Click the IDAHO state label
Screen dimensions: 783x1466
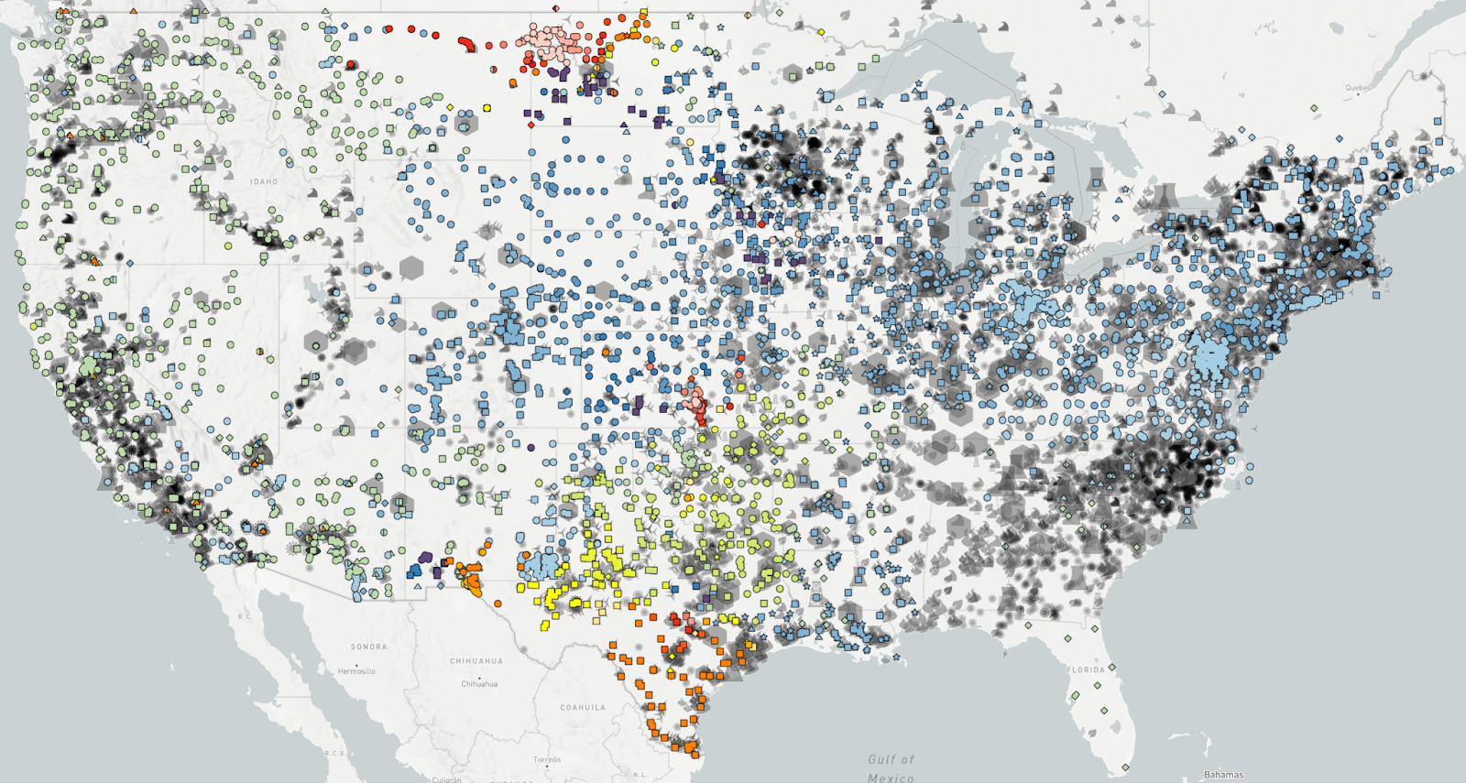(x=264, y=182)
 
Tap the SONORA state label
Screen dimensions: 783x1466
(x=368, y=647)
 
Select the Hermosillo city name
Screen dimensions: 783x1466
(x=356, y=671)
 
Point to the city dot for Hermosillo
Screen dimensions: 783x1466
(x=356, y=664)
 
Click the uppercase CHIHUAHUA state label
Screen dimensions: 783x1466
(x=476, y=660)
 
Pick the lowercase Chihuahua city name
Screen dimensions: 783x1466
(x=479, y=684)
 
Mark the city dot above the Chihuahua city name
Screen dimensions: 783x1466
(x=479, y=676)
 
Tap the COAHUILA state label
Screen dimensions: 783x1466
(x=583, y=707)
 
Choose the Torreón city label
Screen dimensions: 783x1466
(x=547, y=759)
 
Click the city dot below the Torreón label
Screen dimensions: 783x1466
(x=547, y=767)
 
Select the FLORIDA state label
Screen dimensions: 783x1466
(x=1086, y=669)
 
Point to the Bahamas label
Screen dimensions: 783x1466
(x=1223, y=775)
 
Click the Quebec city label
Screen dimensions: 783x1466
(x=1356, y=88)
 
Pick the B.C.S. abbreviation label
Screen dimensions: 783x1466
(x=334, y=753)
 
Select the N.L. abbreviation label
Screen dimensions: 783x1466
(x=640, y=775)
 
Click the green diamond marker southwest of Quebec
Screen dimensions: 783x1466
(x=1314, y=108)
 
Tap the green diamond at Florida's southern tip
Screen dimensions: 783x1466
(x=1125, y=767)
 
